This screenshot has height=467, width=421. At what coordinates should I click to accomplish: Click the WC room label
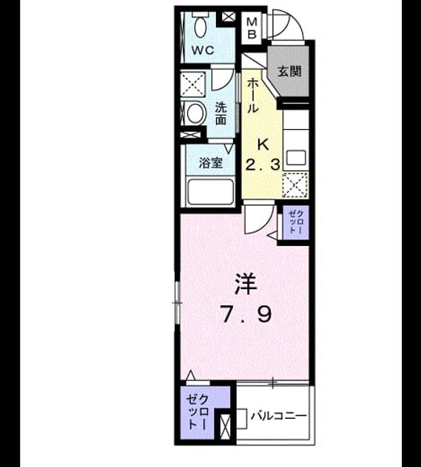(203, 50)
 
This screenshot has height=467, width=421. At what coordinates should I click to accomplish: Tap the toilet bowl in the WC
(201, 25)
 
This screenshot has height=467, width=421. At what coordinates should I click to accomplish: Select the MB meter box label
(252, 28)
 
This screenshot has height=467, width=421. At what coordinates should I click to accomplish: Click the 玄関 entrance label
(289, 71)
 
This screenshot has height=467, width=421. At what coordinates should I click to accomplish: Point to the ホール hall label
(252, 96)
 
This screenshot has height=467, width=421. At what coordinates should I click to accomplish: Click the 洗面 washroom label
(220, 113)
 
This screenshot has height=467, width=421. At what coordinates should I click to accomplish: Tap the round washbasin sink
(195, 113)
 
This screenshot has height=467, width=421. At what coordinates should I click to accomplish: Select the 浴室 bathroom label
(211, 163)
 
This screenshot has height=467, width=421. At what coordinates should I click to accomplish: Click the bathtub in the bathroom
(210, 192)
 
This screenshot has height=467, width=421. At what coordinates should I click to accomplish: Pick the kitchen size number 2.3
(263, 165)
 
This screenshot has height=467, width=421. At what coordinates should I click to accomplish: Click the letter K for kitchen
(263, 145)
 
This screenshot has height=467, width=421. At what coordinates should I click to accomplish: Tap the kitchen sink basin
(296, 158)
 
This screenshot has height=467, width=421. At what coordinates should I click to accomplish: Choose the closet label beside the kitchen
(295, 222)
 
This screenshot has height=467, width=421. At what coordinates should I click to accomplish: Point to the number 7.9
(246, 315)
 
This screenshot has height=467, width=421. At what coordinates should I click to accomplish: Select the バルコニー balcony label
(279, 416)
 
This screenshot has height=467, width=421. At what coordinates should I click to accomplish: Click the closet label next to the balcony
(198, 412)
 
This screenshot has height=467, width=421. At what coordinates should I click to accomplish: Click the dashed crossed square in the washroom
(193, 85)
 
